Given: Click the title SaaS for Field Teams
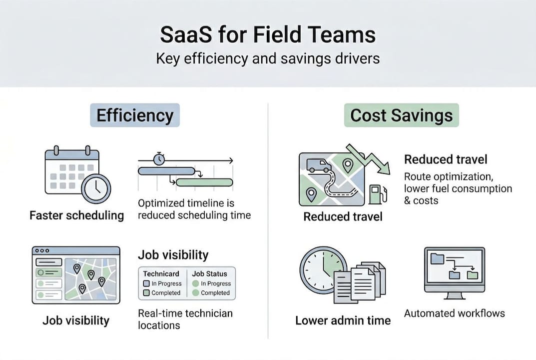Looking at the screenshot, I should coord(268,35).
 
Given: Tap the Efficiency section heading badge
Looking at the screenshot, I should coord(135,115).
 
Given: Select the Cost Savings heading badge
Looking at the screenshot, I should coord(401,115).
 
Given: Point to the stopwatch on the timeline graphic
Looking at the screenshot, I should coord(159,158).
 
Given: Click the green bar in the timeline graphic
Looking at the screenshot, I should coord(204,182).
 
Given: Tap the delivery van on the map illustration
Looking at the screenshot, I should coord(318,165).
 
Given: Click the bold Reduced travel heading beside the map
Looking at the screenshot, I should coord(446,159).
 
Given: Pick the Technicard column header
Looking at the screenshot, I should coord(161,274).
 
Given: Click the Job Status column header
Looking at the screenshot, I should coord(209,274).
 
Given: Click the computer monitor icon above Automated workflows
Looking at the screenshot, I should coord(454,270).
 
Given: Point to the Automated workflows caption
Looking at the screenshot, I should coord(454,313).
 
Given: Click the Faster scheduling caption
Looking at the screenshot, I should coord(76,215).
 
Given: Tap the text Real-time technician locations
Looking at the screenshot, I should coord(185,319).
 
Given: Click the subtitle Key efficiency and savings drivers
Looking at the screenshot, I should coord(268,58).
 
